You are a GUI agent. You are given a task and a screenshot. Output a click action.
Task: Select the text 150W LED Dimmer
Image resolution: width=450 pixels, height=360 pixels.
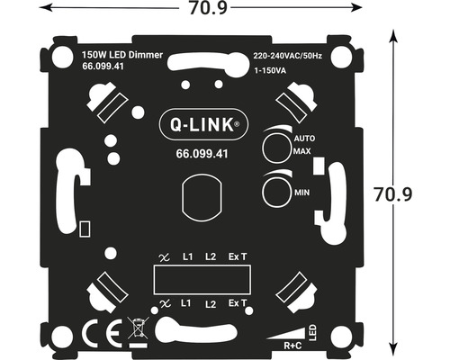pos(121,55)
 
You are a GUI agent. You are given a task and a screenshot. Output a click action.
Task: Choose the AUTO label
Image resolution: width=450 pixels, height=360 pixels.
pos(303,139)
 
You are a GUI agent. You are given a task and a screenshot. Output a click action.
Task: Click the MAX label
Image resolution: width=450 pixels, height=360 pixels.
pos(301,152)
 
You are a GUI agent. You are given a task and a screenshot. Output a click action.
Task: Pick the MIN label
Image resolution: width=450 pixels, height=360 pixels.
pos(301,193)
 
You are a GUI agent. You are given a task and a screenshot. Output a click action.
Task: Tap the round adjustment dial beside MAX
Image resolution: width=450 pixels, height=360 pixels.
pos(275,146)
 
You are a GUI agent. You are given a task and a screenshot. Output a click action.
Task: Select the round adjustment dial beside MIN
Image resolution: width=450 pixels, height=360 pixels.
pos(275,190)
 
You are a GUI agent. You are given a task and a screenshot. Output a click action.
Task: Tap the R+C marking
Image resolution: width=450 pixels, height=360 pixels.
pos(293,345)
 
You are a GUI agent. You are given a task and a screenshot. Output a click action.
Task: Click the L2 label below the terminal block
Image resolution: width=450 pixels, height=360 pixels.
pos(211,304)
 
